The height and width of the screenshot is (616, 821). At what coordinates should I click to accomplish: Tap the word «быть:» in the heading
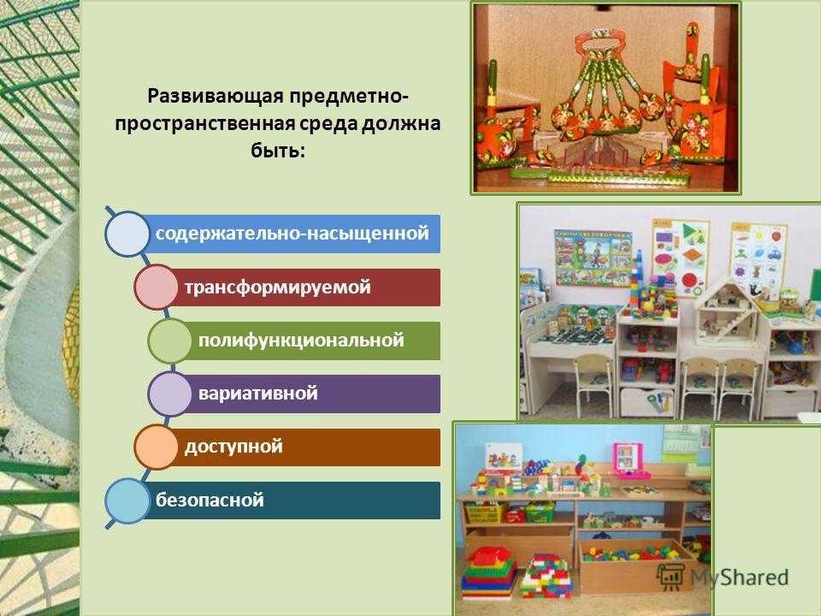[277, 151]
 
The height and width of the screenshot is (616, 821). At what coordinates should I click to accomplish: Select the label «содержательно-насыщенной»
[292, 233]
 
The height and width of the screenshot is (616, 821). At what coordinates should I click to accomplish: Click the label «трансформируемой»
[277, 287]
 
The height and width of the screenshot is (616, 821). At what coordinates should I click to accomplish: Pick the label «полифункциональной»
[301, 341]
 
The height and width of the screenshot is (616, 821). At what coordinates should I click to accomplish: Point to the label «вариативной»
[257, 394]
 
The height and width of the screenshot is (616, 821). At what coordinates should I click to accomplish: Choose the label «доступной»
[233, 447]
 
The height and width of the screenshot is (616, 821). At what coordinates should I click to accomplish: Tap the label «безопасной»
[210, 500]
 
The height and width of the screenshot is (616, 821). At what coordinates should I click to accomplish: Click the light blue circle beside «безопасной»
[127, 500]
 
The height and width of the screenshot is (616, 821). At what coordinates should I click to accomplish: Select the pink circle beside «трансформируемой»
[156, 287]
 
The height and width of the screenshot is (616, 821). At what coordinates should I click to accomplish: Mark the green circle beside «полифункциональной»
[169, 341]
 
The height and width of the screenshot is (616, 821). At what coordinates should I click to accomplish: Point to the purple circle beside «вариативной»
[169, 394]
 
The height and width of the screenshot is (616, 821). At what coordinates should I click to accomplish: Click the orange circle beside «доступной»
[156, 447]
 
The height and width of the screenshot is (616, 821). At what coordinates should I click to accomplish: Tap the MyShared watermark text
[739, 577]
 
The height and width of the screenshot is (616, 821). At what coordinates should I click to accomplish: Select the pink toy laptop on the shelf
[628, 461]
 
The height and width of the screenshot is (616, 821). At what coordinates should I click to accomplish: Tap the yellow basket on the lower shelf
[483, 513]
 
